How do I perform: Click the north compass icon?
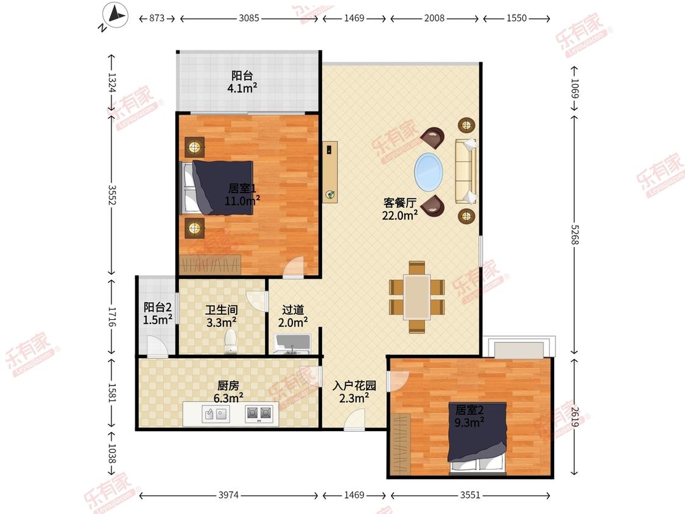[x=115, y=16]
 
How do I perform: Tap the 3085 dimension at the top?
[x=249, y=18]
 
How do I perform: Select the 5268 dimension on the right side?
[x=574, y=234]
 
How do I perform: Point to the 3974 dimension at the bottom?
[x=228, y=495]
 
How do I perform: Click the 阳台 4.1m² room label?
[x=242, y=82]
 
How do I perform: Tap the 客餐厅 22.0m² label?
[x=399, y=209]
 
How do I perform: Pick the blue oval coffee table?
[x=428, y=172]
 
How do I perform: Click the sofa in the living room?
[x=466, y=171]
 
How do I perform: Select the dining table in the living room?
[x=416, y=297]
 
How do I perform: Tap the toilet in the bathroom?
[x=230, y=341]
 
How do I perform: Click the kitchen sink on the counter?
[x=216, y=413]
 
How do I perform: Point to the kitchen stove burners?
[x=259, y=413]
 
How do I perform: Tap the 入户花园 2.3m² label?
[x=354, y=392]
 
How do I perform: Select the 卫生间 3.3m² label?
[x=222, y=317]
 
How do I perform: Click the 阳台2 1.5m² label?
[x=157, y=314]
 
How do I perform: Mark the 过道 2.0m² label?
[x=293, y=316]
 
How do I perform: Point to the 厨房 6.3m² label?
[x=228, y=392]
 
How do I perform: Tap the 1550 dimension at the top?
[x=516, y=18]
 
